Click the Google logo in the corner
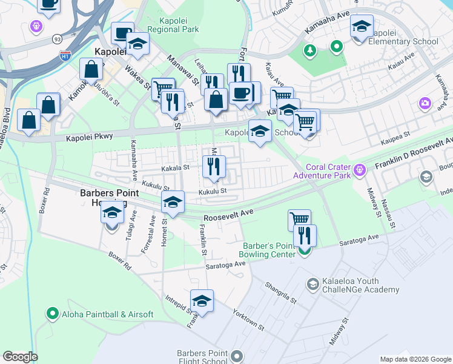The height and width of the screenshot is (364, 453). (x=21, y=357)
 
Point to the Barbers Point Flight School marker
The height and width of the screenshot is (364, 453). (x=236, y=356)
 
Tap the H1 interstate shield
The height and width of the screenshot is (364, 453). (x=65, y=55)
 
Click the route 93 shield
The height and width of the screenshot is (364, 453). (x=56, y=38)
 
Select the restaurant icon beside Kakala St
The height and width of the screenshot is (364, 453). (x=213, y=166)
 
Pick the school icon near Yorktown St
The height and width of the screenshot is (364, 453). (x=202, y=301)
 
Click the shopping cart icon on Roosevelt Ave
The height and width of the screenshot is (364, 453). (x=299, y=220)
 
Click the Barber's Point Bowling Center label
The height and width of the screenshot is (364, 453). (x=269, y=250)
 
